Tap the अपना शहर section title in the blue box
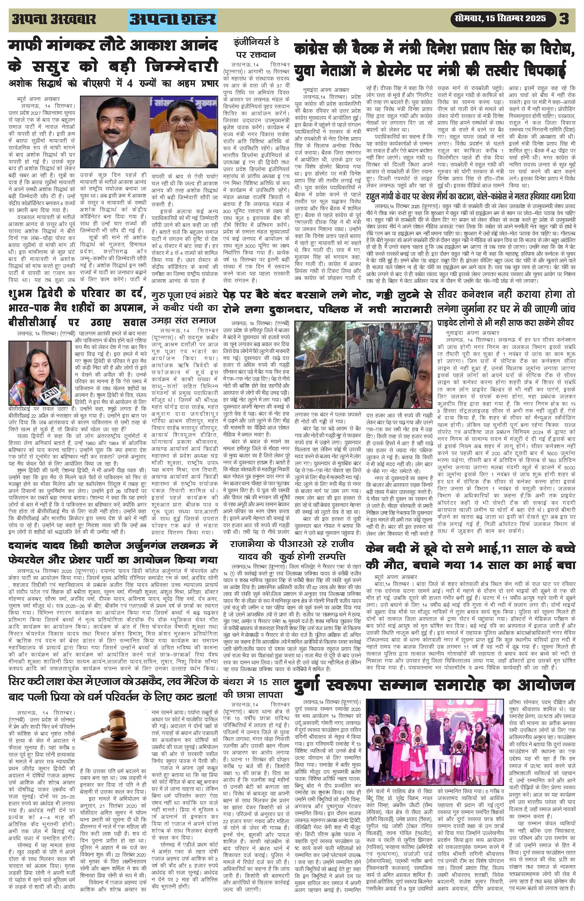173,19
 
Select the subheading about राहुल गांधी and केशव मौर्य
470,196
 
